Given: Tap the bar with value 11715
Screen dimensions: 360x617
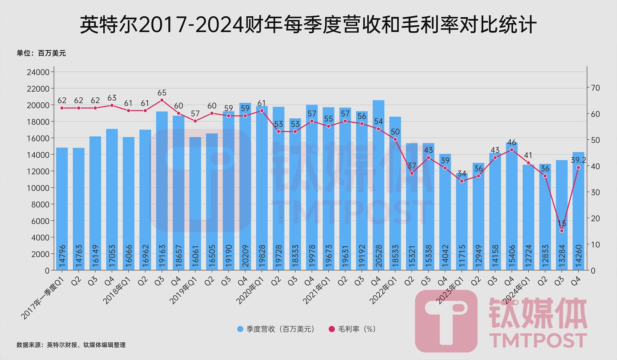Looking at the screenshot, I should click(x=461, y=223).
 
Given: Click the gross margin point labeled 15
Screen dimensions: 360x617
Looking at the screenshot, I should click(x=561, y=231).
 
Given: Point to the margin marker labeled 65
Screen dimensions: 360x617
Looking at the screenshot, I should click(x=162, y=100).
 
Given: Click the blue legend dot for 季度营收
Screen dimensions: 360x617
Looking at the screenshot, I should click(x=240, y=329).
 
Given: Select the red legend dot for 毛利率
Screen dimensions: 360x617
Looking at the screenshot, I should click(x=331, y=329).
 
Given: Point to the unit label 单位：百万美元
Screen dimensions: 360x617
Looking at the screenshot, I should click(x=41, y=54).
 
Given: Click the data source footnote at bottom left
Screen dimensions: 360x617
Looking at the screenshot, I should click(x=71, y=345).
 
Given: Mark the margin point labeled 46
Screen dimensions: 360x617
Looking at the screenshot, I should click(x=512, y=150).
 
